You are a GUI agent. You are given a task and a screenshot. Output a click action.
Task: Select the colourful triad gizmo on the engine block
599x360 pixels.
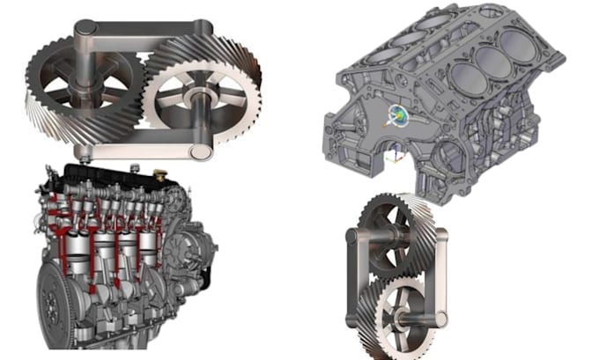tap(396, 114)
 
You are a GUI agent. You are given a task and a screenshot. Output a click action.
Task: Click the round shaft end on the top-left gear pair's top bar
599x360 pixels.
tap(84, 33)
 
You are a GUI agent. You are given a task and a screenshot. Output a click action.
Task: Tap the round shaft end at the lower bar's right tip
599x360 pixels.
tap(201, 151)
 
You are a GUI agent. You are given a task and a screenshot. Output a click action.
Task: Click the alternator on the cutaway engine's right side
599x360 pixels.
tap(186, 251)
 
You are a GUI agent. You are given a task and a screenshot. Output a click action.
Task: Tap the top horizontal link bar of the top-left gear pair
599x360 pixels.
tap(141, 40)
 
